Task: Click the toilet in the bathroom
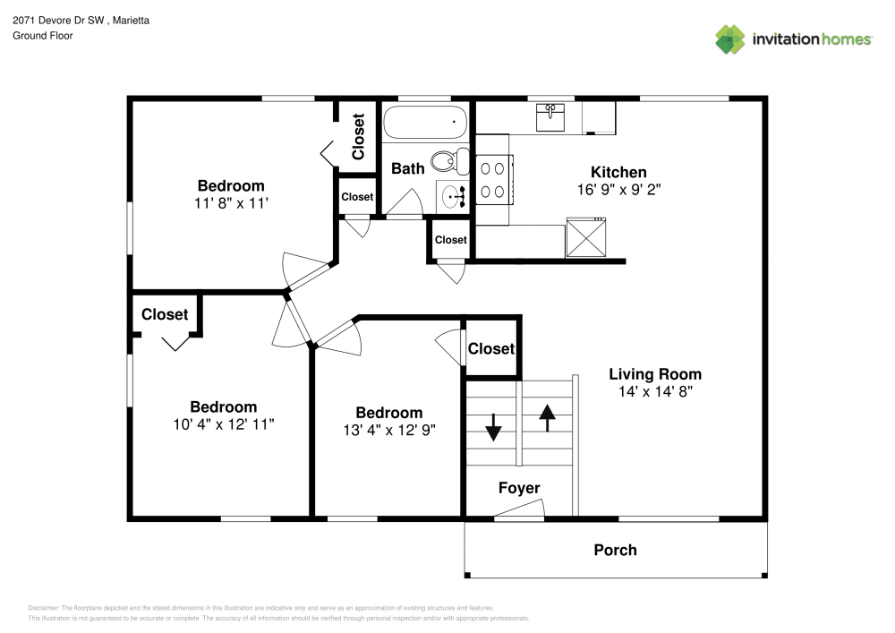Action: (447, 161)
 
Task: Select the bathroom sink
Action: (452, 194)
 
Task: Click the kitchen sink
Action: (550, 117)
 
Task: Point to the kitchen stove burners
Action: (492, 178)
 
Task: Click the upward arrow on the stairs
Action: (546, 416)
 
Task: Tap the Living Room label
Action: (655, 374)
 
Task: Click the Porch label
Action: (615, 550)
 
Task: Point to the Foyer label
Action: (519, 488)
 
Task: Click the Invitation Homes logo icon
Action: (730, 38)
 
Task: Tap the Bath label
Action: (408, 168)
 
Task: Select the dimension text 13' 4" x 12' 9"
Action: (388, 429)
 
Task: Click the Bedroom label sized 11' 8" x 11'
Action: (231, 185)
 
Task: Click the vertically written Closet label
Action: (358, 136)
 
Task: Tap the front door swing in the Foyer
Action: (519, 510)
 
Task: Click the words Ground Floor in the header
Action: (43, 36)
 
